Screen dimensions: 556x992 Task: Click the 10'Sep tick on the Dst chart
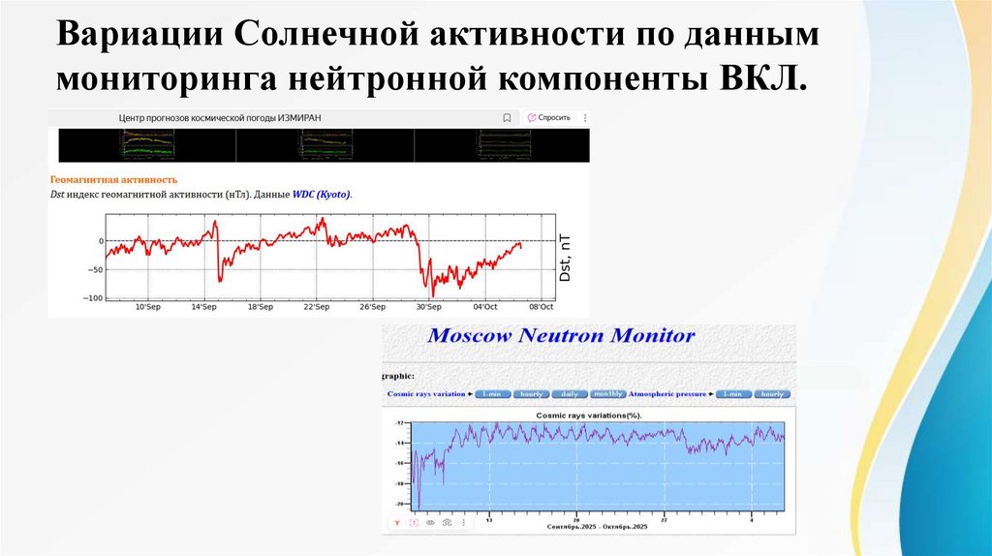coord(147,306)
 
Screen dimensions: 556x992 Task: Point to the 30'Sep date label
coord(428,306)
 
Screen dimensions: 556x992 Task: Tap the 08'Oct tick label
coord(541,306)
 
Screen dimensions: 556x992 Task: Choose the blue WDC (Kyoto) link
coord(323,195)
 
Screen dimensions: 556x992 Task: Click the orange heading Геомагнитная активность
coord(113,179)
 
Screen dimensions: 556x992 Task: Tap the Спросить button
coord(548,117)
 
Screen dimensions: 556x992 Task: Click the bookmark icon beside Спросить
coord(507,117)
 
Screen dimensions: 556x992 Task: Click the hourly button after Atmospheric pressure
coord(771,394)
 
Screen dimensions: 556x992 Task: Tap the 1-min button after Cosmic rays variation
coord(493,394)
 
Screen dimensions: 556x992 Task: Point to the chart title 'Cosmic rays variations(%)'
coord(589,415)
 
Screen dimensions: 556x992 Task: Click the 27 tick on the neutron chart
coord(665,518)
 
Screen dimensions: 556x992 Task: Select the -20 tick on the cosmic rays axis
coord(398,504)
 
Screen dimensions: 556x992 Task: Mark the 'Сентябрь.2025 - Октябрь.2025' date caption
coord(597,526)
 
